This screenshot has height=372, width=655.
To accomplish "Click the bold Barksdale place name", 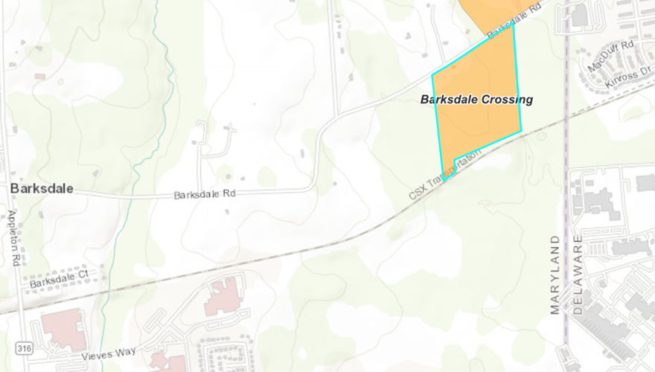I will pyautogui.click(x=42, y=189).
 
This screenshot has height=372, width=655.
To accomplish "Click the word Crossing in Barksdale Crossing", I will pyautogui.click(x=508, y=99).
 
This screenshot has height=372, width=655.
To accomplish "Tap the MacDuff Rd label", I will pyautogui.click(x=610, y=56).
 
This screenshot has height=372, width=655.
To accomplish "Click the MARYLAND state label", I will pyautogui.click(x=555, y=275).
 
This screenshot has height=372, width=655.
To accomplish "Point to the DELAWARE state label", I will pyautogui.click(x=578, y=275).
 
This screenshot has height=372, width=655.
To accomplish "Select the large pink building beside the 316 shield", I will pyautogui.click(x=63, y=330).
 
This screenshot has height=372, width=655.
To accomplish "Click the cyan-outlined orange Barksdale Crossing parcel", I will pyautogui.click(x=476, y=126).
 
